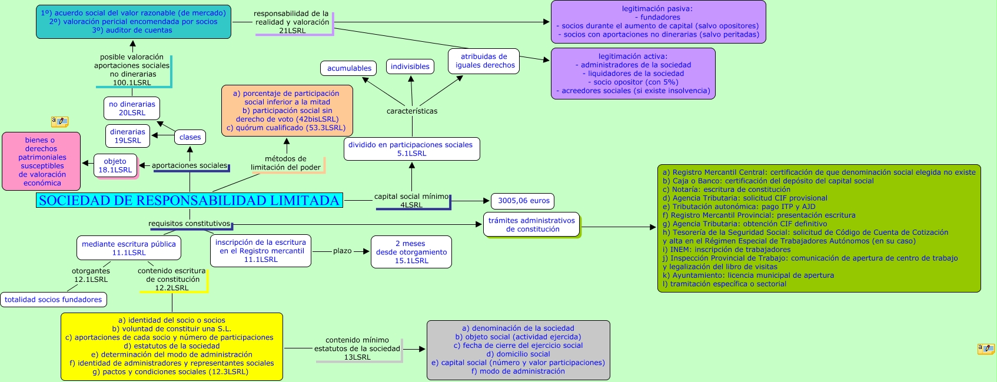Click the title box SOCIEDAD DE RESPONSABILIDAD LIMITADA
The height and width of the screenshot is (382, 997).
tap(189, 200)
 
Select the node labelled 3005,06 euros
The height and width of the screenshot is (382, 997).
tap(523, 201)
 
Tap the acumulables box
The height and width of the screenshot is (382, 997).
tap(349, 68)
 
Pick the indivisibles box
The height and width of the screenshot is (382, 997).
tap(410, 67)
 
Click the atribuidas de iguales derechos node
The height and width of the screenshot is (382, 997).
tap(484, 61)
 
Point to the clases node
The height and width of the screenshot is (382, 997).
tap(190, 137)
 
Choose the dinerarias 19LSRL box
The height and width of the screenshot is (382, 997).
tap(128, 136)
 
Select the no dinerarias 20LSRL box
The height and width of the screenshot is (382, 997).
tap(132, 108)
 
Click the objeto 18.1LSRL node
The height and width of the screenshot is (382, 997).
tap(115, 165)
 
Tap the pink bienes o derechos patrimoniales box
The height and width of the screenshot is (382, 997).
tap(41, 161)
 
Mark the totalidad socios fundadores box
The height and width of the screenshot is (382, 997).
tap(54, 300)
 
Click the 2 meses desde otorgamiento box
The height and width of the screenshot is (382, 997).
tap(411, 252)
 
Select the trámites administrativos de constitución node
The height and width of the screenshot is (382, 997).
tap(531, 225)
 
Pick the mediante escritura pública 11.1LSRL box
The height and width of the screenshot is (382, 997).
tap(129, 248)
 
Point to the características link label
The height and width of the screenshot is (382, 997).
tap(412, 111)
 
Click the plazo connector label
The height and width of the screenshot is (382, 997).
tap(342, 251)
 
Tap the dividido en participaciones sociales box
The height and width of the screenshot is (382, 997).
tap(411, 149)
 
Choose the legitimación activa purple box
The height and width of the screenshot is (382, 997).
tap(633, 74)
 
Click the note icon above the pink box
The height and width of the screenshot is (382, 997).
tap(59, 122)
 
